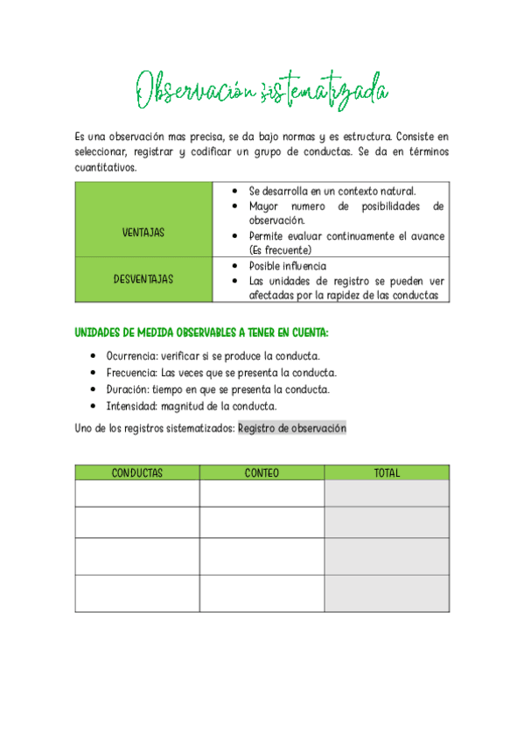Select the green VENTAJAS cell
point(143,233)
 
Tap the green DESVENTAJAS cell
point(143,279)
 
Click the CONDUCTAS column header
point(137,472)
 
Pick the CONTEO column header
point(262,472)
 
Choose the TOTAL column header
point(387,472)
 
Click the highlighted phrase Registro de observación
point(292,428)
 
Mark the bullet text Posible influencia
point(288,266)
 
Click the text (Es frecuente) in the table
point(280,249)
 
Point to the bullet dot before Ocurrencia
point(93,357)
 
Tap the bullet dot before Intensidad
point(93,407)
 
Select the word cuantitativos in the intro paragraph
point(105,167)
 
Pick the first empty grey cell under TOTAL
point(387,493)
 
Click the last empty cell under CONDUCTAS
point(137,593)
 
